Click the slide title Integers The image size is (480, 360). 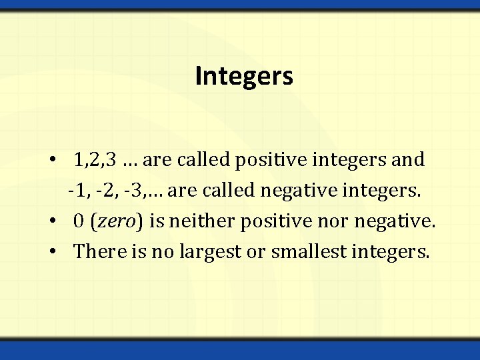[x=244, y=77]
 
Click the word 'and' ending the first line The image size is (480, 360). [x=409, y=160]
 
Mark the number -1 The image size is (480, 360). [x=78, y=191]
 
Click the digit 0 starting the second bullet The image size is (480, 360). [x=79, y=222]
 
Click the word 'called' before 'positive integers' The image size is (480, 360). [x=198, y=160]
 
